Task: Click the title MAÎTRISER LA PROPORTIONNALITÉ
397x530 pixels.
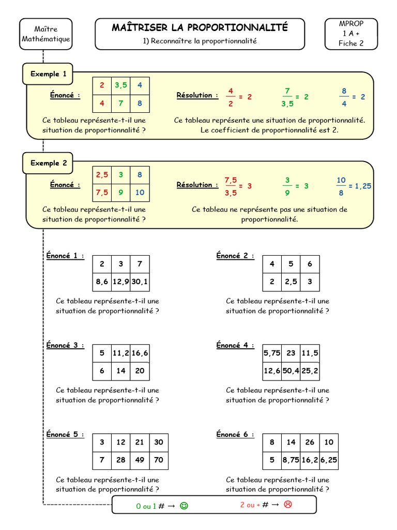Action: click(x=200, y=27)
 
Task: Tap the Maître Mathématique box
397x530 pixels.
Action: click(x=45, y=34)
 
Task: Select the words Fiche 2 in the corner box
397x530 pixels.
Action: click(x=351, y=43)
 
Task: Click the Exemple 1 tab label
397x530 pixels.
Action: click(x=48, y=74)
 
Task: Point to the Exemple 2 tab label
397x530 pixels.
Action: click(x=48, y=163)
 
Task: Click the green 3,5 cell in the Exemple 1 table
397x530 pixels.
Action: click(x=120, y=85)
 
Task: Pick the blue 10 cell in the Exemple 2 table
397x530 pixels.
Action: click(x=140, y=193)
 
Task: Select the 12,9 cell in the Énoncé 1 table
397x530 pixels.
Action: click(x=120, y=282)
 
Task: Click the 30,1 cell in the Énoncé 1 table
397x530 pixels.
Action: click(x=140, y=282)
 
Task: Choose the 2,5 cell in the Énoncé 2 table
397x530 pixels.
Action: click(x=291, y=282)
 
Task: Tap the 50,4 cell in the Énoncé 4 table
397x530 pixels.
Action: click(x=291, y=371)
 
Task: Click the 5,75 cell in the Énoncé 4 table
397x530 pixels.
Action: click(x=272, y=353)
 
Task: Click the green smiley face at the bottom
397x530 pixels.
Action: click(x=184, y=506)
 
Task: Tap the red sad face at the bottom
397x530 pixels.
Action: click(x=288, y=505)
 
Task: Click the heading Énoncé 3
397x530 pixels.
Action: click(x=65, y=345)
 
